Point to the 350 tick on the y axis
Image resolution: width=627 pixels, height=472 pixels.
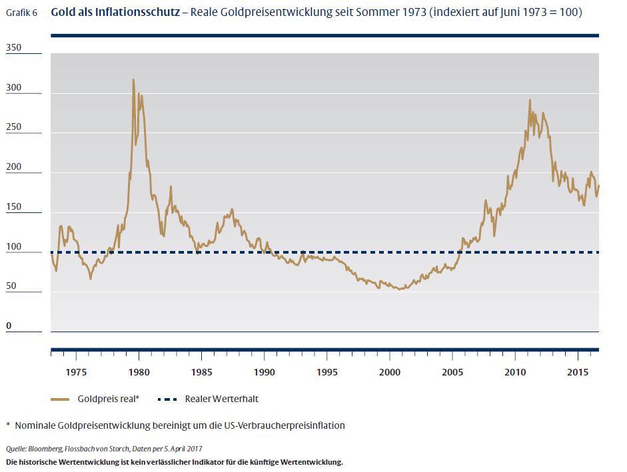point(14,47)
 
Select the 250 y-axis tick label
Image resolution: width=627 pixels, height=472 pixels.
point(14,126)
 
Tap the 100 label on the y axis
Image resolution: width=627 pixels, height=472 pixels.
point(14,246)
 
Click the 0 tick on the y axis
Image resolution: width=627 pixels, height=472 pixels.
point(9,326)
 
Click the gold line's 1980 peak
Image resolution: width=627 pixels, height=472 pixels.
point(133,80)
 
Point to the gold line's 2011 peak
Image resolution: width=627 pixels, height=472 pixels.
point(530,101)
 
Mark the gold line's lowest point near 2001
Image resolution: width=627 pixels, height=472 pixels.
point(400,289)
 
